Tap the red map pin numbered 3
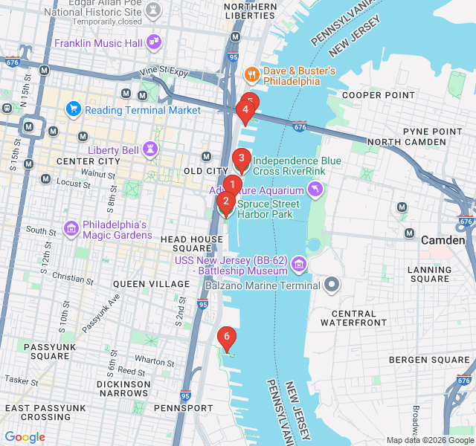coord(240,158)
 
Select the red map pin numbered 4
coord(245,110)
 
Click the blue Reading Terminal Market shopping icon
coord(73,110)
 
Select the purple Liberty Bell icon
coord(151,149)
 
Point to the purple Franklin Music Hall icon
coord(155,42)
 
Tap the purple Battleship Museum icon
coord(298,264)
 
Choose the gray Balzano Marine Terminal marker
coord(332,285)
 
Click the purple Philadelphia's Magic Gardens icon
coord(72,227)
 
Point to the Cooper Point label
coord(378,95)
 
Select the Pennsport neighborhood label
coord(183,408)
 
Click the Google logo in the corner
coord(25,437)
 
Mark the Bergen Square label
coord(430,361)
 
